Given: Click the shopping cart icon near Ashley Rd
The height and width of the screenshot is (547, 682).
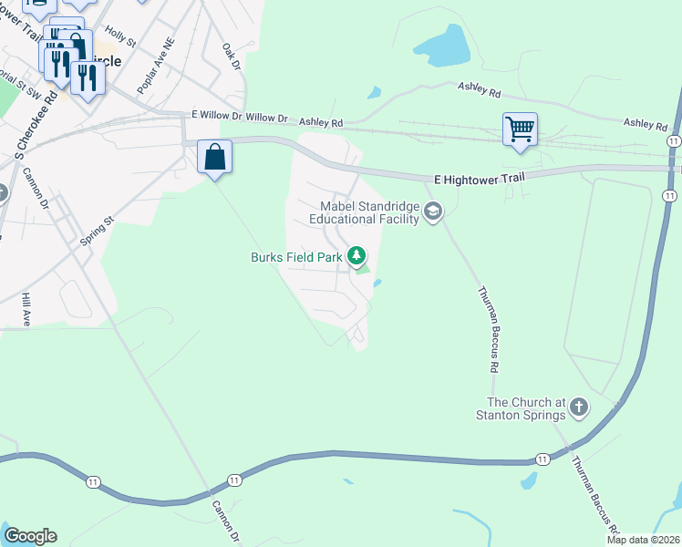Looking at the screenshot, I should [520, 129].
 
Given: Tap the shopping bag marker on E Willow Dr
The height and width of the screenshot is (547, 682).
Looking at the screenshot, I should [214, 157].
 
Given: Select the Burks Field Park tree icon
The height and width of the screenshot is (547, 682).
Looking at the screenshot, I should [358, 256].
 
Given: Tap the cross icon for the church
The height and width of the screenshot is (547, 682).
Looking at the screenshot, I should [579, 408].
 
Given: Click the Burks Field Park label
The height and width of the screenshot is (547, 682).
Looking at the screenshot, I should [296, 257].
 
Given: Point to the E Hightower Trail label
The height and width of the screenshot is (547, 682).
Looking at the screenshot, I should [477, 180].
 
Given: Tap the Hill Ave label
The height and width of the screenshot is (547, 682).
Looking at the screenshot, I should [26, 310].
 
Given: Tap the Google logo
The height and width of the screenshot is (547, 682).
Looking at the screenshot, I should [30, 536].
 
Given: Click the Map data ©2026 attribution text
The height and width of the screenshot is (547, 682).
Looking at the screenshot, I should [643, 540].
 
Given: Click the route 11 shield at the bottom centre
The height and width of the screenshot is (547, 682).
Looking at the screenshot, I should [234, 480].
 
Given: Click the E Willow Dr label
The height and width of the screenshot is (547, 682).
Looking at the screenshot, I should [217, 118].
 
